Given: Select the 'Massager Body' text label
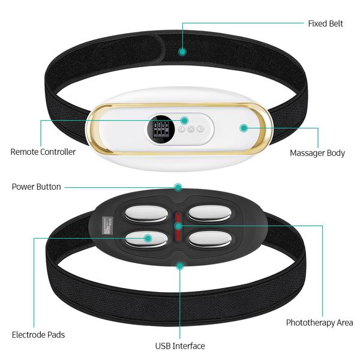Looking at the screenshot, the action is coord(317,153).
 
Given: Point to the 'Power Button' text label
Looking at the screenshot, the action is coord(36,187).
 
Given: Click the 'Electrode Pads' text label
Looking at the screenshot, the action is coord(38,334).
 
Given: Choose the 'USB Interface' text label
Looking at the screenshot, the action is coord(180,346).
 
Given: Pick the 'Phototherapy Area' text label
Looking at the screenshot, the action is coord(319,323).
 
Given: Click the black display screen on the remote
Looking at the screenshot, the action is coord(160,128).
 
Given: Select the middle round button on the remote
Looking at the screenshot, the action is coord(191,129).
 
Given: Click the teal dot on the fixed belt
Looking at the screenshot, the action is coord(182,52).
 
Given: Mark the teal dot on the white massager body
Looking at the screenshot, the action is coord(244,128).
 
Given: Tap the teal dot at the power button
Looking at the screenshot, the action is coord(178,187).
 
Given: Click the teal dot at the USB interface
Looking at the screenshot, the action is coord(179,264).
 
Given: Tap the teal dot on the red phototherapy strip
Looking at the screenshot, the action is coord(178,226).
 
